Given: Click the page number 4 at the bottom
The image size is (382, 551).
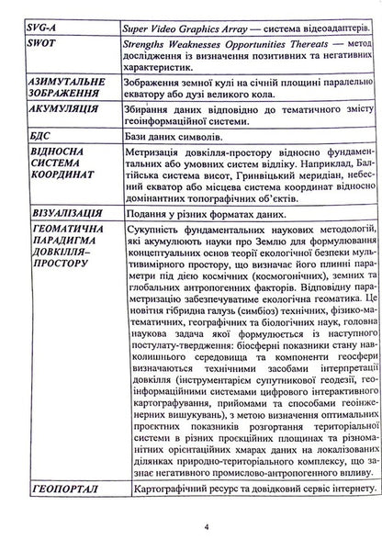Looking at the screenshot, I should (208, 527).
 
